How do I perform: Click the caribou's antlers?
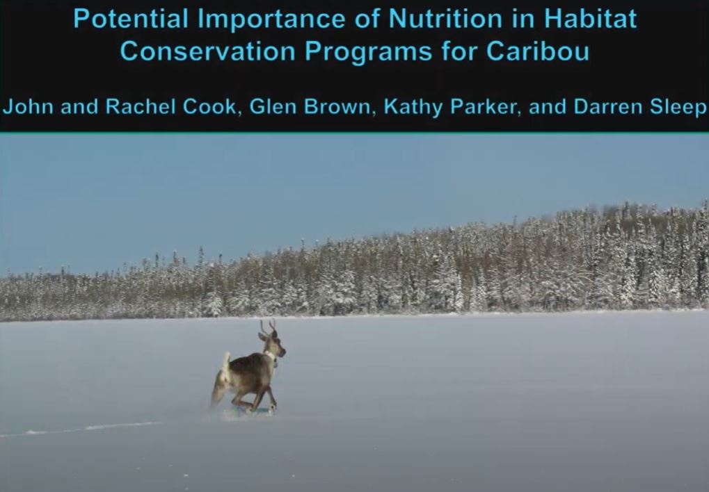coord(268,326)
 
